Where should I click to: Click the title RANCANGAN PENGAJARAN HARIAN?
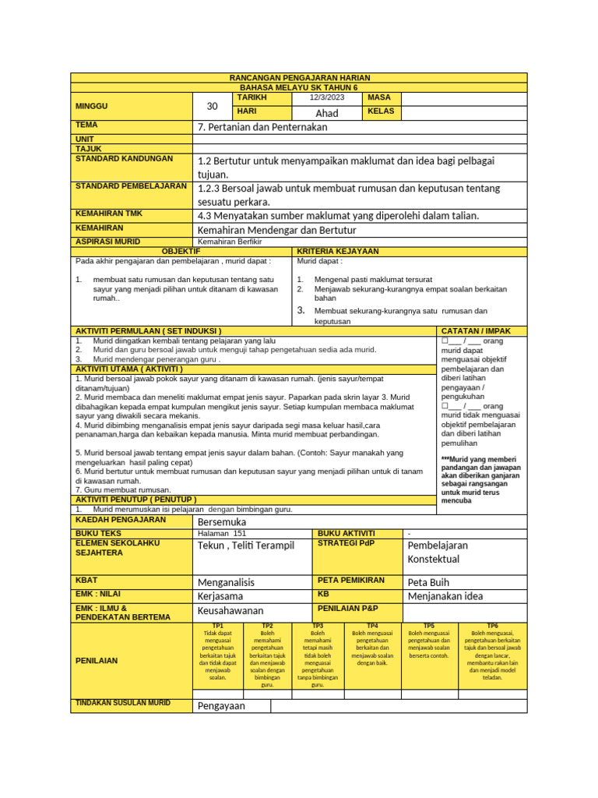(299, 78)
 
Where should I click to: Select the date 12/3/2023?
(326, 97)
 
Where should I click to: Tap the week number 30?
(213, 106)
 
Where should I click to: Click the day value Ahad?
(326, 113)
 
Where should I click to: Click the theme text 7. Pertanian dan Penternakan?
(262, 127)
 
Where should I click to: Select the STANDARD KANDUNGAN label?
(124, 158)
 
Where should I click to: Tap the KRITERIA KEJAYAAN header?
(338, 252)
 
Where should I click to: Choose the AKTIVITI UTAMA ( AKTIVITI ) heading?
(129, 369)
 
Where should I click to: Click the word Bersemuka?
(222, 521)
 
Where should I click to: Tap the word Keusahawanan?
(230, 610)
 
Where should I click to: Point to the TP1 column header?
(217, 626)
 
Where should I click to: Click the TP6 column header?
(492, 626)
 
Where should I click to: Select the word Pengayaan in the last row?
(221, 706)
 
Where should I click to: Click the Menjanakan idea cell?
(445, 596)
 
